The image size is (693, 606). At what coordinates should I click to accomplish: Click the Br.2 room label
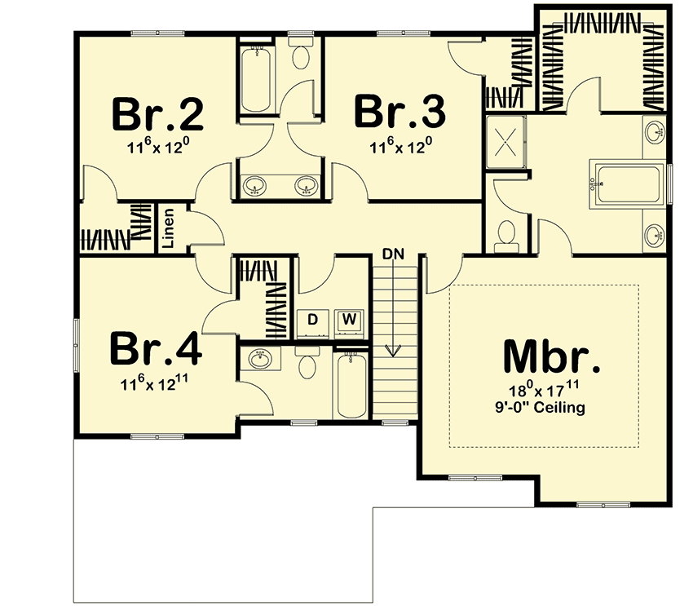158,114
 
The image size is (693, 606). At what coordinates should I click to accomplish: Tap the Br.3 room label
400,112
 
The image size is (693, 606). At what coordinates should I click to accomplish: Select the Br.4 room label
156,349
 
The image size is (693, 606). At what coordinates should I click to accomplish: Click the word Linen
169,228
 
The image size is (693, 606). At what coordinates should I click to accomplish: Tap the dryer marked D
312,320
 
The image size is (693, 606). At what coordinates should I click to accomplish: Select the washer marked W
349,319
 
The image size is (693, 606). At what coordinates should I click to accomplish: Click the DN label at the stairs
393,254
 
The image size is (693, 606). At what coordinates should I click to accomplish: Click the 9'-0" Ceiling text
540,407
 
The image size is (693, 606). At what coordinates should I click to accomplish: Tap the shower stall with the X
505,142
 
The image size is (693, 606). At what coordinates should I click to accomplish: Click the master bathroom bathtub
628,184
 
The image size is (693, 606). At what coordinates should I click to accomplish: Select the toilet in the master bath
506,236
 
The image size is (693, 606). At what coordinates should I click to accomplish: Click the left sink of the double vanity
255,186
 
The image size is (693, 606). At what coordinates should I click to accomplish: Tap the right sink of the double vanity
307,186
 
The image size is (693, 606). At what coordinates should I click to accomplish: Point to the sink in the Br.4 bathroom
260,359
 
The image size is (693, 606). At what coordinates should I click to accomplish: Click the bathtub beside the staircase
352,383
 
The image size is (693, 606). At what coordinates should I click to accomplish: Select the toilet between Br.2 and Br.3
301,53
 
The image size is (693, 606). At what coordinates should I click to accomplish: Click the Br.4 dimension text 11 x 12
154,383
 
